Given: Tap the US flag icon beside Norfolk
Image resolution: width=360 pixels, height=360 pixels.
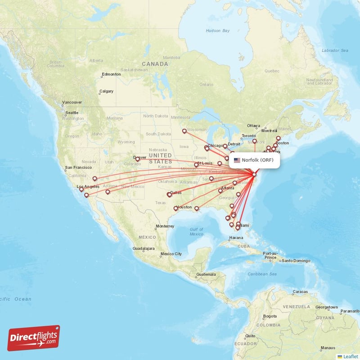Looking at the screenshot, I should click(237, 160).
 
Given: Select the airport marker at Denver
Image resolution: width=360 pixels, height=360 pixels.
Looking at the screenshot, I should click(138, 159).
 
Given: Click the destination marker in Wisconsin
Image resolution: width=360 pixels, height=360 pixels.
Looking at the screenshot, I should click(184, 131).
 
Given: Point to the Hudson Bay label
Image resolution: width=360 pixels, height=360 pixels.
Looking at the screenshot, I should click(217, 31).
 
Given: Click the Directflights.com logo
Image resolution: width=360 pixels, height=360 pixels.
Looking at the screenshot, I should click(34, 338).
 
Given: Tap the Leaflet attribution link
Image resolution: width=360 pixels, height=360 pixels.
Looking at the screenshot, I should click(350, 356).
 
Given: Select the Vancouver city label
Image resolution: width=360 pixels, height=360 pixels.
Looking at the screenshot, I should click(72, 102).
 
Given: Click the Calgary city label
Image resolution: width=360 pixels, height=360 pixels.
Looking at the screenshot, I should click(107, 91).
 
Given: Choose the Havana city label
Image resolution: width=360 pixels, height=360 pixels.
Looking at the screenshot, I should click(235, 238).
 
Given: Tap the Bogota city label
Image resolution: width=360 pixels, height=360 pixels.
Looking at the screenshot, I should click(270, 316).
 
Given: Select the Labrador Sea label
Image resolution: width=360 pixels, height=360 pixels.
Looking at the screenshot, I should click(335, 50).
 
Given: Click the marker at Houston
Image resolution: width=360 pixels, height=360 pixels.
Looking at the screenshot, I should click(176, 208).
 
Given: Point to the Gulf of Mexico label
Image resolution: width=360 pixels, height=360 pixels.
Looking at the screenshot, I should click(197, 232).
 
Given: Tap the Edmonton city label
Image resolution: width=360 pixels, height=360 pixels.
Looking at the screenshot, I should click(111, 74).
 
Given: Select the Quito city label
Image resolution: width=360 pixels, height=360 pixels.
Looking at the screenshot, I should click(251, 336).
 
